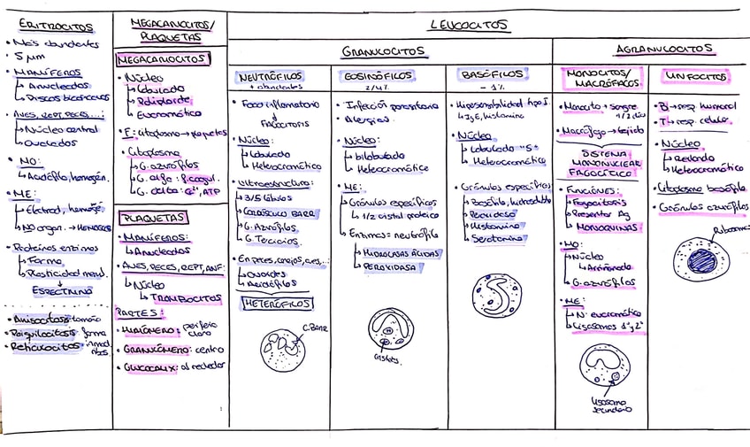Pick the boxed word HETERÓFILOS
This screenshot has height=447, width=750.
[277, 304]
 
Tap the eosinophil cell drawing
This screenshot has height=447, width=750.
[390, 330]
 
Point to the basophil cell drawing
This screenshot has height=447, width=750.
[497, 295]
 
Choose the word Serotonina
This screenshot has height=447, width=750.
[498, 239]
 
